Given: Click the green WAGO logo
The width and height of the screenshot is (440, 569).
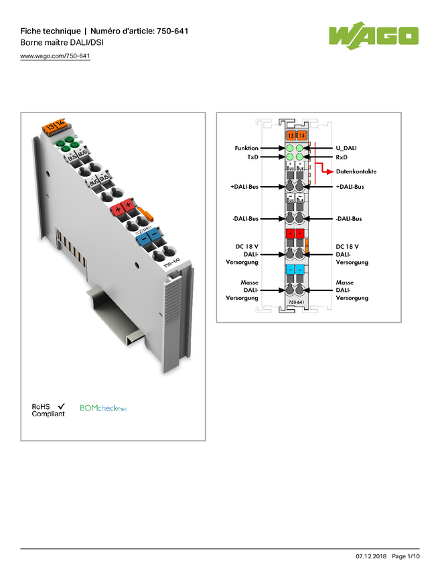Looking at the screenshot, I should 373,35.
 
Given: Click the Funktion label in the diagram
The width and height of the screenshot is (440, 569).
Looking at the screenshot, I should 246,148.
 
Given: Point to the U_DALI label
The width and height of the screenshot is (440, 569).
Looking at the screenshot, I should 347,148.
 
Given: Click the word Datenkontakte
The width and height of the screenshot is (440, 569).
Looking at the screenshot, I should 356,171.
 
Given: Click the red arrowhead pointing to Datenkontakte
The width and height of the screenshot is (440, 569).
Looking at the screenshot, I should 329,171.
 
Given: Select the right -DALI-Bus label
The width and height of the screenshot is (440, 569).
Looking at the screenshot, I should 348,218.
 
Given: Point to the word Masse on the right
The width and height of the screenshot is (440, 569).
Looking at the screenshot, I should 345,283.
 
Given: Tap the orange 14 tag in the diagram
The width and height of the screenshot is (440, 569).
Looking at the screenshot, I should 301,136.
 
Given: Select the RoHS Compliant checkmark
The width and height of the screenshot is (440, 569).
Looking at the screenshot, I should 62,406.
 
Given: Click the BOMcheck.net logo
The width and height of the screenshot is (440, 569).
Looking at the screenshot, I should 104,407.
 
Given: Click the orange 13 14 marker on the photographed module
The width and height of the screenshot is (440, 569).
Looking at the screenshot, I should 54,124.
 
